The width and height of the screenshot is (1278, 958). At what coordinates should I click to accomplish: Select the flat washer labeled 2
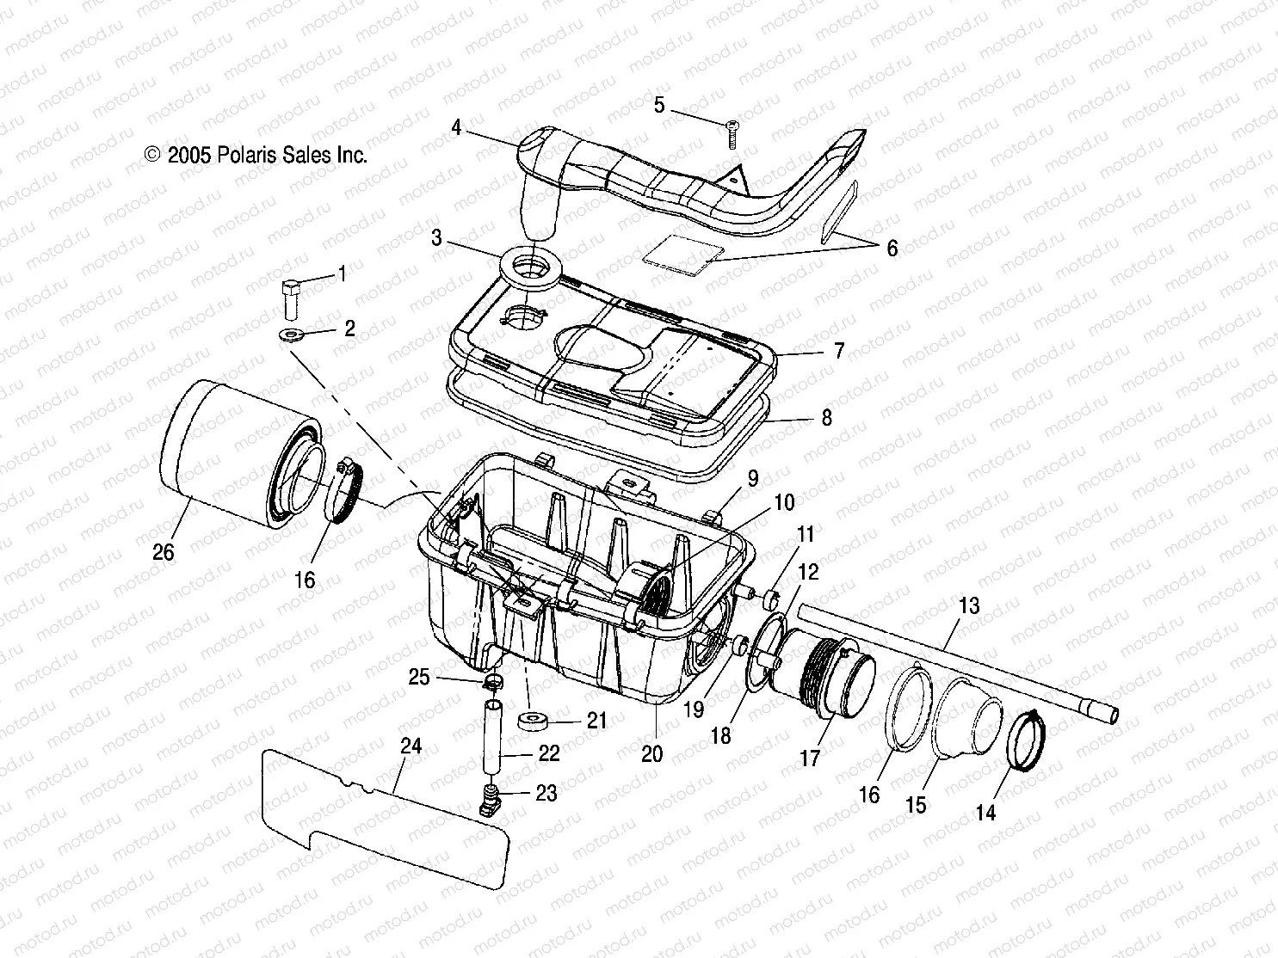(x=291, y=335)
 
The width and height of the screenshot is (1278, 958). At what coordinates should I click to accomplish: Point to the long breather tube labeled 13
(x=955, y=660)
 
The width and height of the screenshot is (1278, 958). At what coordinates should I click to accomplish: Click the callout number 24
(x=411, y=746)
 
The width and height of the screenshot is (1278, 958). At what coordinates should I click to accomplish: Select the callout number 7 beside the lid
(x=837, y=351)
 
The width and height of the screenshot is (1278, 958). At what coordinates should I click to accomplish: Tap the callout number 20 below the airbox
(x=652, y=753)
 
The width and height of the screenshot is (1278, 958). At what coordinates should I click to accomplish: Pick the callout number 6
(x=892, y=249)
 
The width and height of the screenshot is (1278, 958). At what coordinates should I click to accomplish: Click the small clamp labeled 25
(x=493, y=684)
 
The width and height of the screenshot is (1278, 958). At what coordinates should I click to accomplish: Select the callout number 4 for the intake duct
(x=456, y=128)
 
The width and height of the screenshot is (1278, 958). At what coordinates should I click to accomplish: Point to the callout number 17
(x=810, y=758)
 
